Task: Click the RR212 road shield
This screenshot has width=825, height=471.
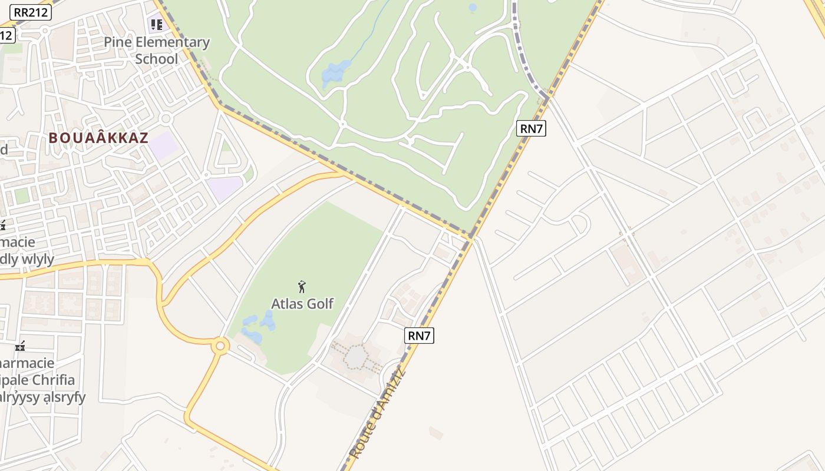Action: tap(31, 12)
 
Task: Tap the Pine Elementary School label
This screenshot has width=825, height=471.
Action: tap(157, 50)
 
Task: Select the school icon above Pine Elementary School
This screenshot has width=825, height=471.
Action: tap(156, 25)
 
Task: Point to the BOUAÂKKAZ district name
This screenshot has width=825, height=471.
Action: tap(98, 138)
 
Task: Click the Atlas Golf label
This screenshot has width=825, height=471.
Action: tap(302, 304)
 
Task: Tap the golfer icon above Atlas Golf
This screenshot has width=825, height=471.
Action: tap(302, 287)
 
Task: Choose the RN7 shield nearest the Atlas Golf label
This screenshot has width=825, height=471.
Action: tap(420, 336)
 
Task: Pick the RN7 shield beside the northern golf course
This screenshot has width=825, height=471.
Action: tap(531, 128)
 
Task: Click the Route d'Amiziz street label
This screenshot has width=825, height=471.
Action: tap(378, 412)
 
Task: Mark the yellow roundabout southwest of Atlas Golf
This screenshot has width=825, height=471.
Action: tap(220, 346)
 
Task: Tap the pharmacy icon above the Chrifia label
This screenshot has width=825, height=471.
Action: tap(20, 346)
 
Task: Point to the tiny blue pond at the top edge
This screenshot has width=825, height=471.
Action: tap(473, 8)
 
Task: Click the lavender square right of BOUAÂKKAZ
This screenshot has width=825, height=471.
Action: tap(163, 145)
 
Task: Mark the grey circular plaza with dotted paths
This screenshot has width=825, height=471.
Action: tap(356, 357)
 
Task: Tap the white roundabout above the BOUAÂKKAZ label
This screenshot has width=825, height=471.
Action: tap(166, 118)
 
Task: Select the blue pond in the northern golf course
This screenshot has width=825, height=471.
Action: tap(335, 73)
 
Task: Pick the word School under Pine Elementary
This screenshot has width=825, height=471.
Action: tap(157, 59)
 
